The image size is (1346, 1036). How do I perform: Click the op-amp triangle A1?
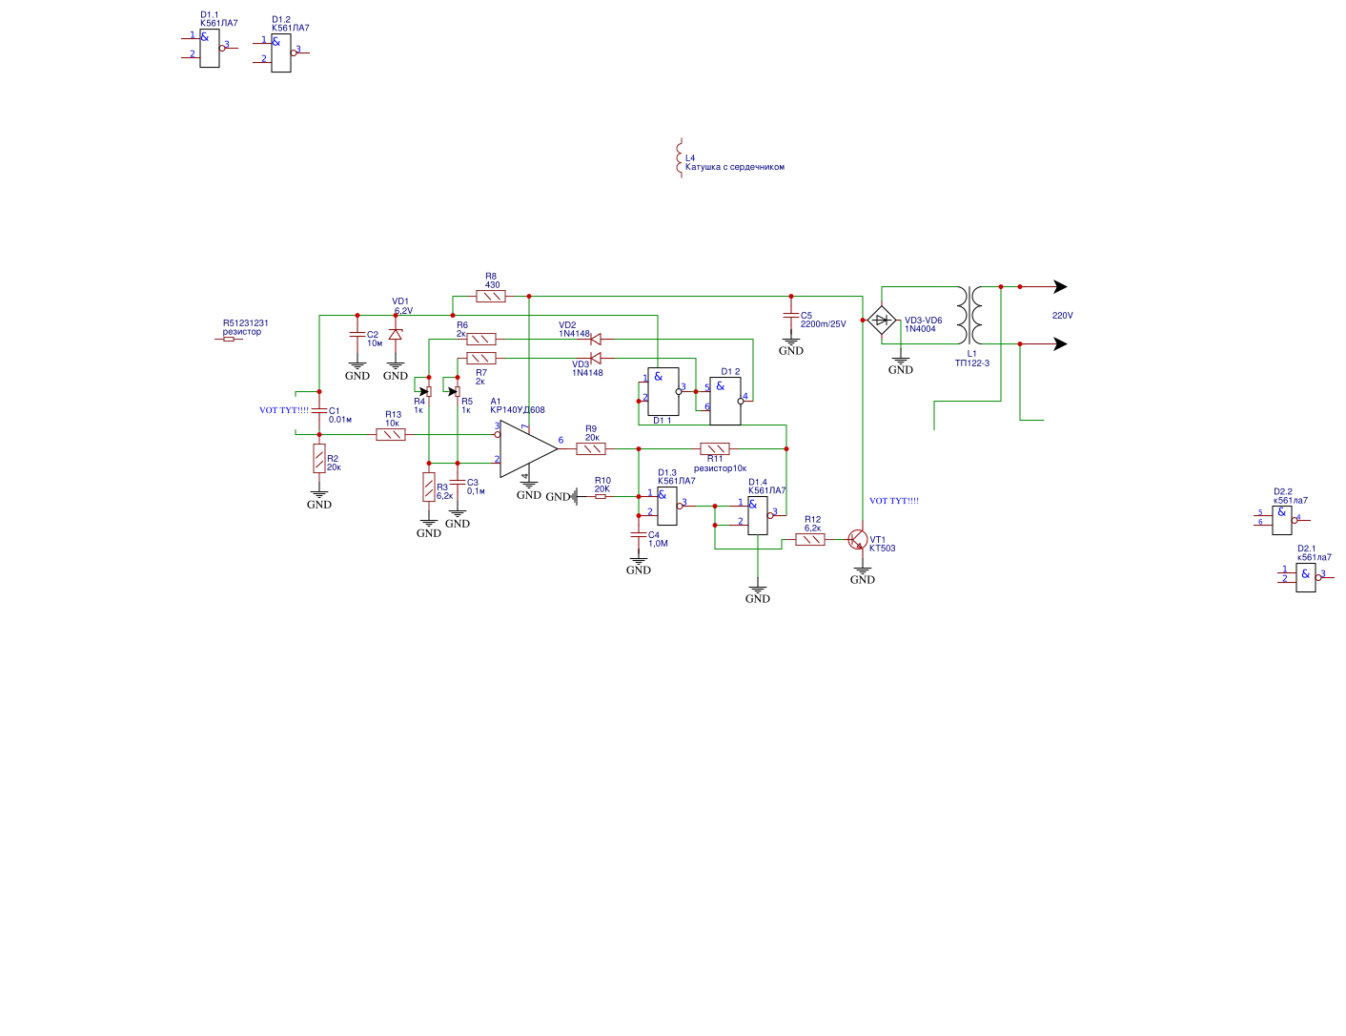(x=525, y=448)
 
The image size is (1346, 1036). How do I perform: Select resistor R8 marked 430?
(x=491, y=296)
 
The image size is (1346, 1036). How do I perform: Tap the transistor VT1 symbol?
(x=859, y=541)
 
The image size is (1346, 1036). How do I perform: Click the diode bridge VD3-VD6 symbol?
(x=882, y=320)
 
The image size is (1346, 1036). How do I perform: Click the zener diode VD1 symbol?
(x=396, y=334)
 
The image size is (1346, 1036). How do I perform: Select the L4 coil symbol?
(x=679, y=158)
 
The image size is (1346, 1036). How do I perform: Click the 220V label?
(x=1062, y=316)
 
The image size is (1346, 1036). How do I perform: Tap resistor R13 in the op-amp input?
(x=391, y=434)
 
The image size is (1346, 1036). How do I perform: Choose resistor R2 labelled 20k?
(x=319, y=459)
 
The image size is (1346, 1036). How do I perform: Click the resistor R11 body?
(x=715, y=448)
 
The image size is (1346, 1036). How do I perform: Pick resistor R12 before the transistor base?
(x=810, y=539)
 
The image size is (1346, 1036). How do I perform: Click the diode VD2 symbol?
(x=596, y=339)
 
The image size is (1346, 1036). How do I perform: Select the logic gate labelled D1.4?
(x=758, y=515)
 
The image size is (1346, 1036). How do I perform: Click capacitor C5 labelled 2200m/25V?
(x=790, y=316)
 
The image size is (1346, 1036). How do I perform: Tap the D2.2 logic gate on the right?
(x=1282, y=520)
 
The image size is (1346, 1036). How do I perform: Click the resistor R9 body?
(x=591, y=448)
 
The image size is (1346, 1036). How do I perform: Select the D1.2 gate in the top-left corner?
(x=281, y=53)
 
